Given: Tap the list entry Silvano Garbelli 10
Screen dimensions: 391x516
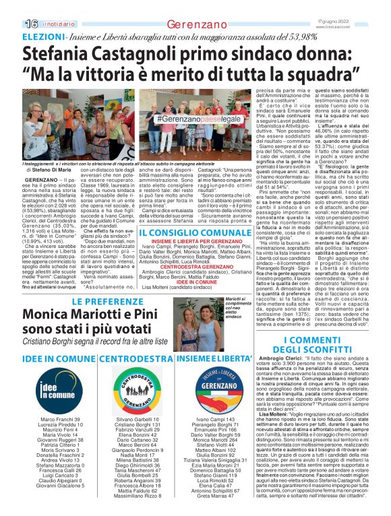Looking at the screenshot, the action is coord(133,419).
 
